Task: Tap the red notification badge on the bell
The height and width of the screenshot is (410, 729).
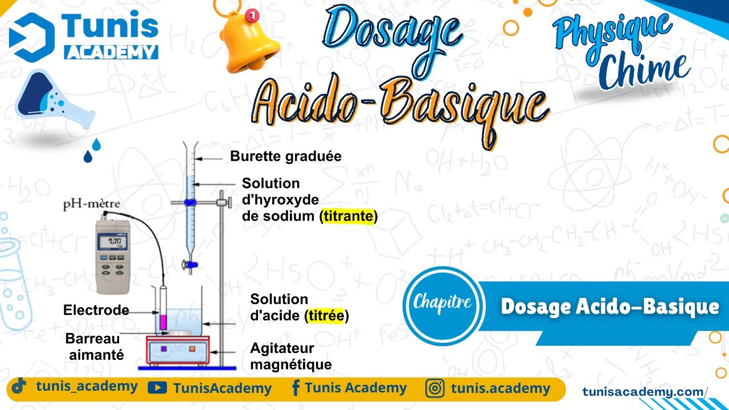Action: (x=251, y=15)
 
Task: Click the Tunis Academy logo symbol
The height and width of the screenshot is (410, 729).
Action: (x=32, y=37)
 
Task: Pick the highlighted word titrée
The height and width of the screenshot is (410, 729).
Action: (x=326, y=315)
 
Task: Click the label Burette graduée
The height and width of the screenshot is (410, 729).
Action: (x=285, y=156)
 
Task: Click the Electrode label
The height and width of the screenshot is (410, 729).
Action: (x=96, y=310)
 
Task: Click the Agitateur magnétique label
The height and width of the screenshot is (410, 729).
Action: (x=290, y=356)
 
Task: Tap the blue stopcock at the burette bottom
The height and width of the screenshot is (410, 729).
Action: (x=190, y=264)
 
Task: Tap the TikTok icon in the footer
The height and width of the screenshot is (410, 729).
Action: (x=19, y=387)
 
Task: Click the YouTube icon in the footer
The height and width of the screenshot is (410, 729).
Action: (x=157, y=388)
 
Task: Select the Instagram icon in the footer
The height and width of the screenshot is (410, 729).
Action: (x=435, y=389)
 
